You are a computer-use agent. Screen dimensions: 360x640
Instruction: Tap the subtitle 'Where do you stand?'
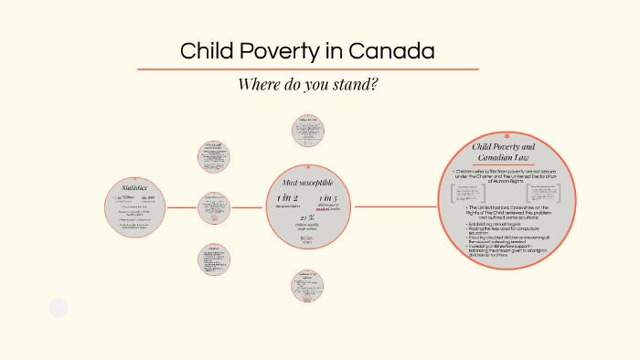(x=307, y=84)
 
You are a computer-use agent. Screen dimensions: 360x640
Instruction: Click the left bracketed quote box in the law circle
(x=467, y=193)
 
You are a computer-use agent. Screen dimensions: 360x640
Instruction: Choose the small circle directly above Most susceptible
(x=305, y=130)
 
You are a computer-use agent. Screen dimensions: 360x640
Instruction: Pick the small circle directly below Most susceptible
(x=305, y=285)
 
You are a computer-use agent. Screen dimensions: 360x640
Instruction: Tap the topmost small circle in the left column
(x=214, y=154)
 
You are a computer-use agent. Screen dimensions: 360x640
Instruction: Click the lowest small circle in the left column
(x=214, y=259)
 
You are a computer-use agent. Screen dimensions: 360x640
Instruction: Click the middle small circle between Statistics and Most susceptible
(x=214, y=206)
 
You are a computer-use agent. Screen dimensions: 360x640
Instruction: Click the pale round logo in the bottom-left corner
(x=59, y=308)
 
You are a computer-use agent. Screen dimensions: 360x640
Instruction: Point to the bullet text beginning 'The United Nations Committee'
(x=509, y=212)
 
